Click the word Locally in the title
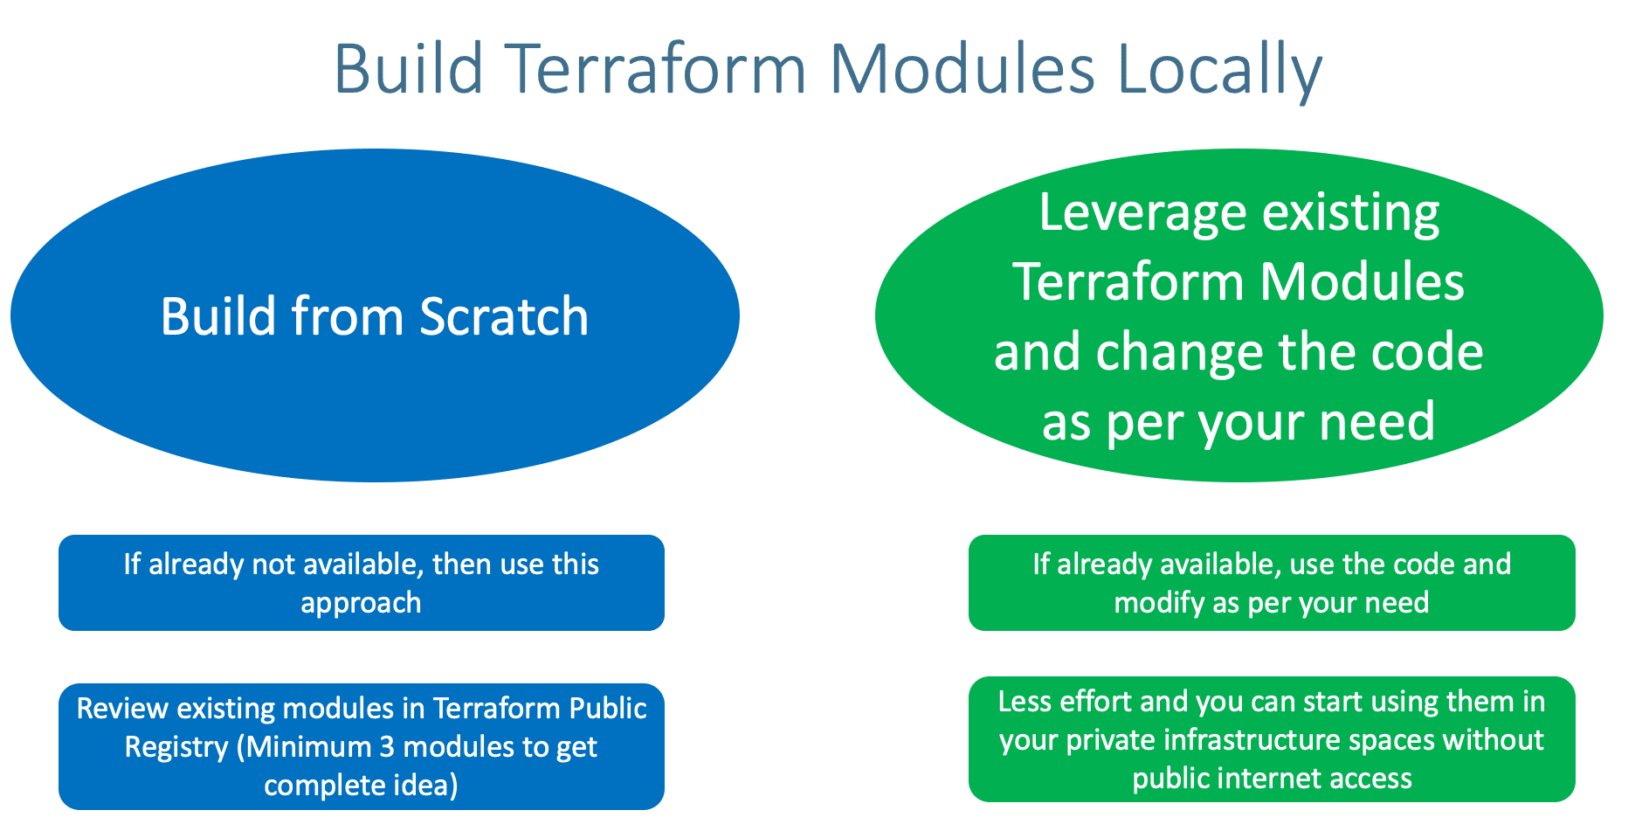(x=1219, y=70)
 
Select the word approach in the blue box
(x=361, y=604)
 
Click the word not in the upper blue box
(x=273, y=564)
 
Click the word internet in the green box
(x=1266, y=779)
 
